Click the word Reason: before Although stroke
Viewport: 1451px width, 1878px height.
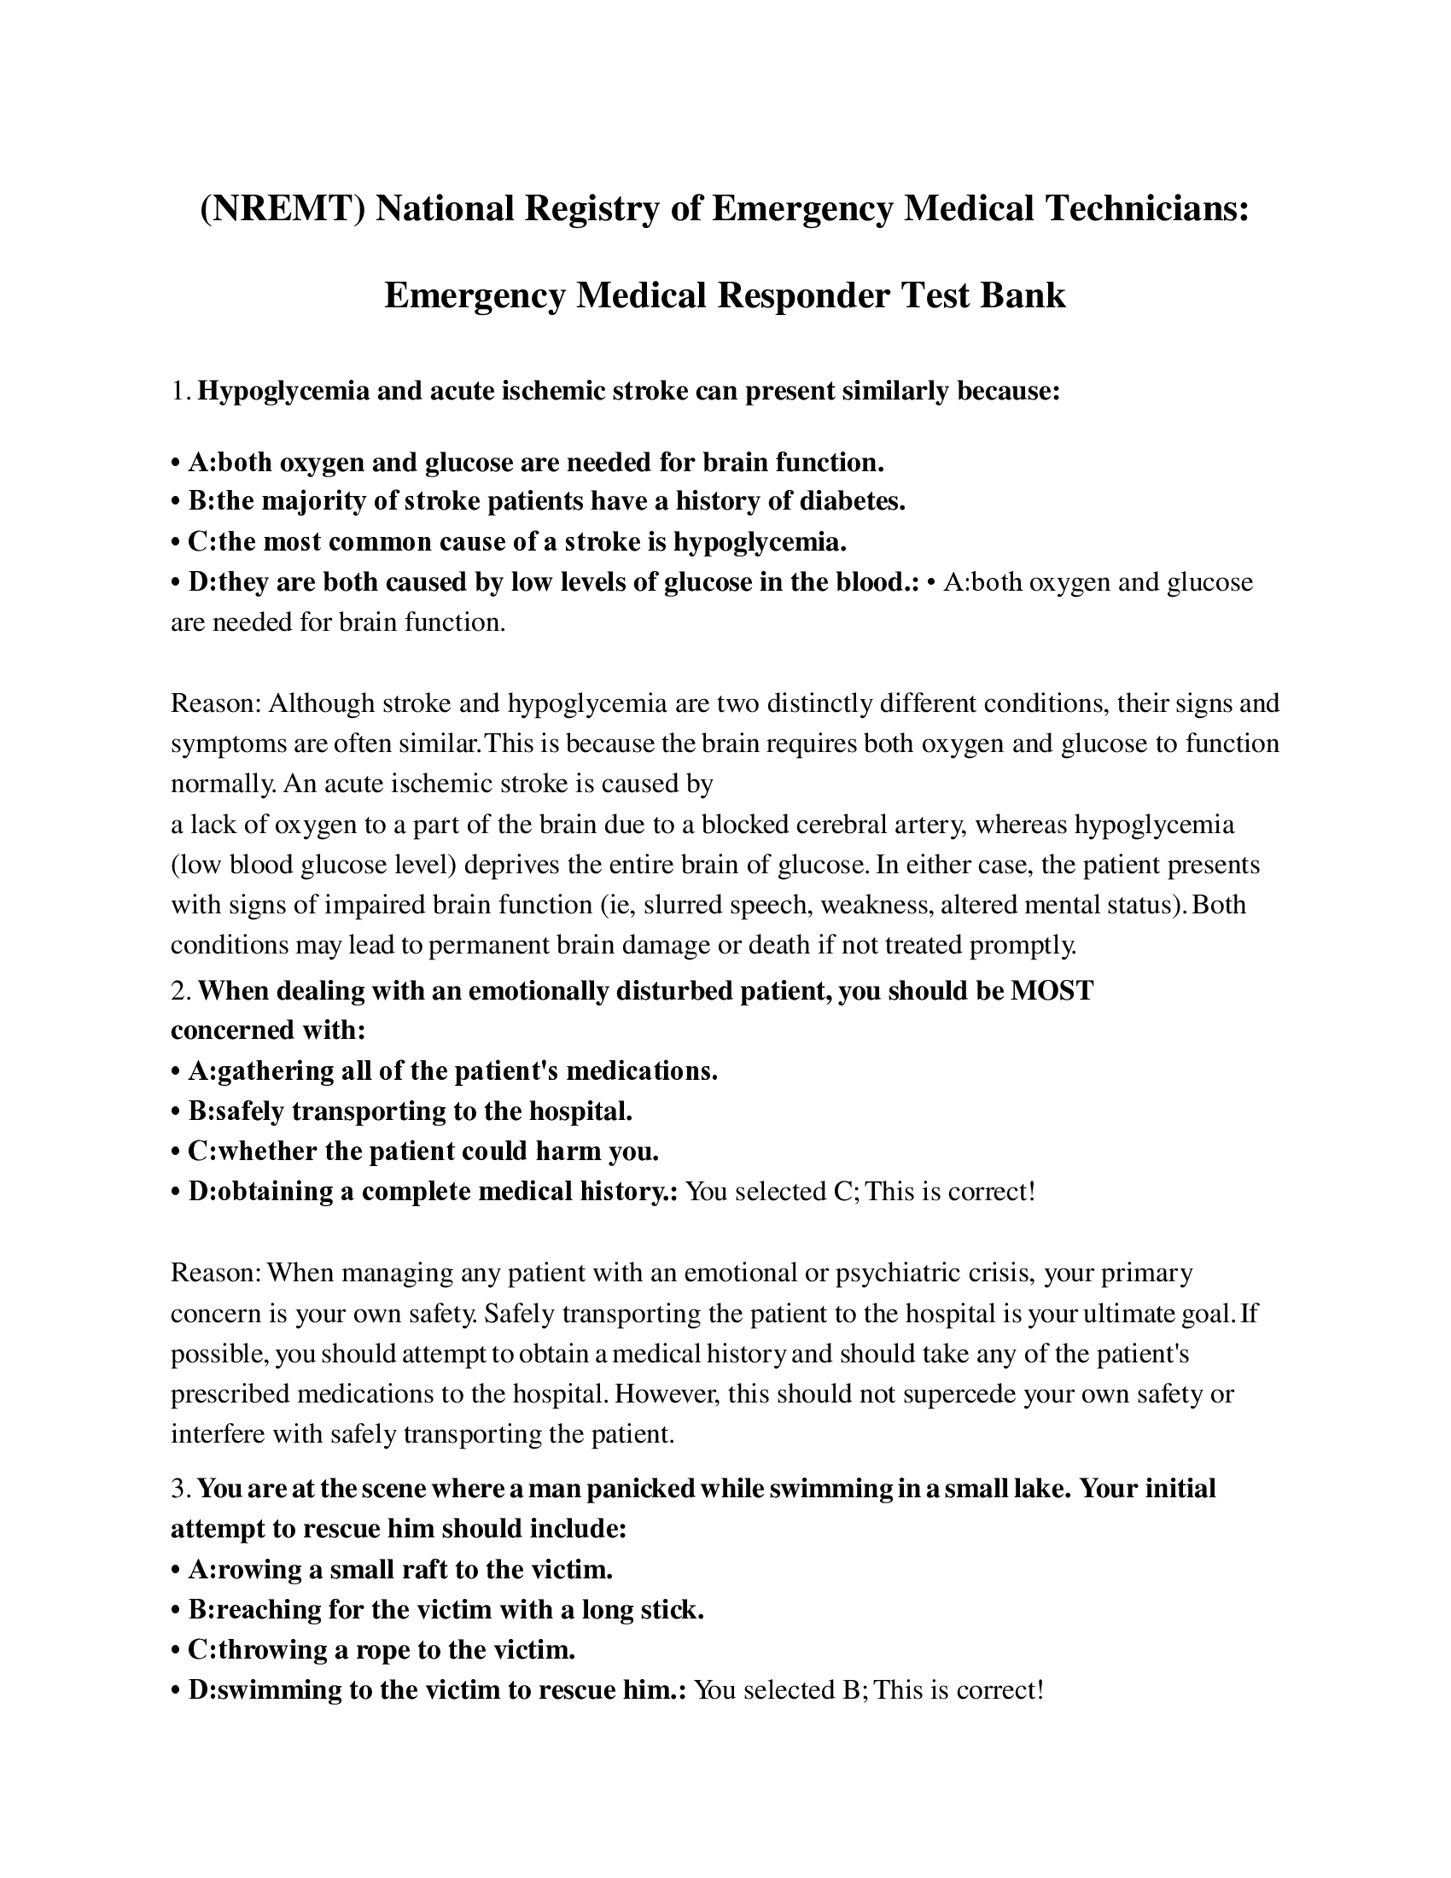[216, 703]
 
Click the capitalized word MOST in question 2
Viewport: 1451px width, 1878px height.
[1052, 990]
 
